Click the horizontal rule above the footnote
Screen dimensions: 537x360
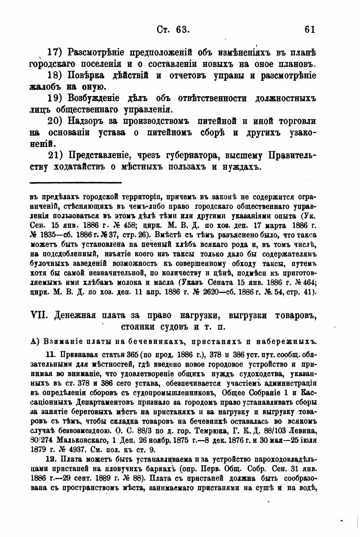(76, 182)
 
